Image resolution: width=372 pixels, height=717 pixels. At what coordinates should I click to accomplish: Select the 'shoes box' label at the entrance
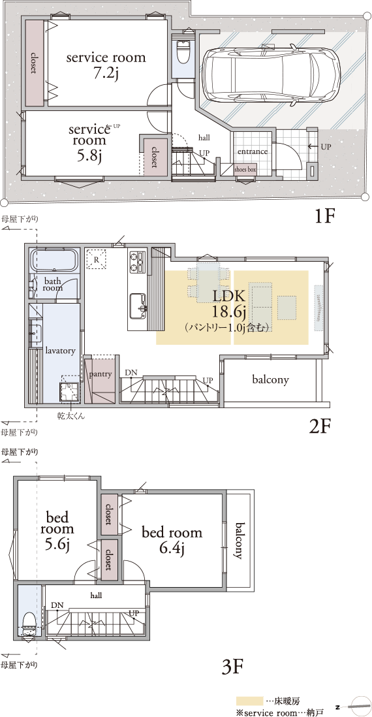245,169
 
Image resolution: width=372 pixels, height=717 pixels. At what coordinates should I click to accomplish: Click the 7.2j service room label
106,65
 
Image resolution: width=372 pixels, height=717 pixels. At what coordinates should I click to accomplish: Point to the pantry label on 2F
100,374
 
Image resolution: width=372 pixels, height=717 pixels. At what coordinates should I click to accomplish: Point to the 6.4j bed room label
172,540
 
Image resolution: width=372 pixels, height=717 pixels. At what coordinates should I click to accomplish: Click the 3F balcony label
238,541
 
